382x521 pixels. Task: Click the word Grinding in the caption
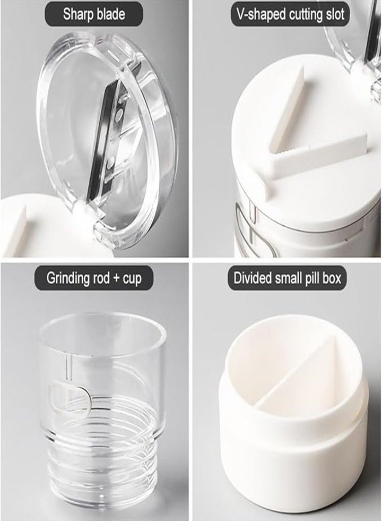[68, 278]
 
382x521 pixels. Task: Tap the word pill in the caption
[314, 278]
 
